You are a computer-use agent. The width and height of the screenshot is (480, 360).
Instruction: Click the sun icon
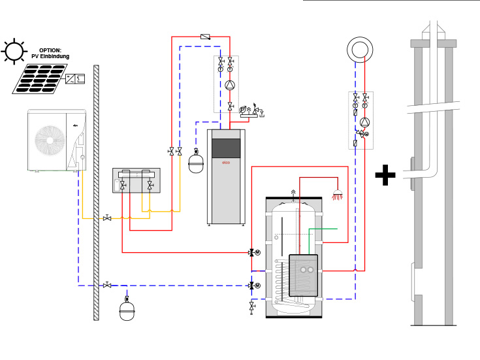pos(13,52)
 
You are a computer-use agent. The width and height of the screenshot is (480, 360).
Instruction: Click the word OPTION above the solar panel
pos(50,50)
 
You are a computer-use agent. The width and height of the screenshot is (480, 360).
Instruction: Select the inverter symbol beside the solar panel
pos(74,78)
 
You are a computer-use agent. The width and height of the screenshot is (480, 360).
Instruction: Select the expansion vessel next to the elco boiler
pos(196,162)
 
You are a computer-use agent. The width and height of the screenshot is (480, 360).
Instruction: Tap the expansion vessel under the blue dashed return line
pos(127,310)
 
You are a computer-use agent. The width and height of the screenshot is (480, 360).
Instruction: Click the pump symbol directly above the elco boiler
pos(230,86)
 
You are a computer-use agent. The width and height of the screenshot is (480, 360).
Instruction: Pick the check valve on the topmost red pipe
pos(205,37)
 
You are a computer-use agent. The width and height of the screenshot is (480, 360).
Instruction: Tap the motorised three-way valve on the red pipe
pos(252,252)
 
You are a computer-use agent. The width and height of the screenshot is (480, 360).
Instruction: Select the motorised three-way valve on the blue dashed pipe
pos(252,286)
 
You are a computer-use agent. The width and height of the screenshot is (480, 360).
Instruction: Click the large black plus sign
pos(385,175)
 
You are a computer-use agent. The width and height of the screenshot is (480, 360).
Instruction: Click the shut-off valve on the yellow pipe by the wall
pos(107,218)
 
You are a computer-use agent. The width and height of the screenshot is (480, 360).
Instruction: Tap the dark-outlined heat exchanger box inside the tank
pos(303,274)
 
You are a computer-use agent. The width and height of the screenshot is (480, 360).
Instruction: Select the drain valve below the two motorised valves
pos(252,306)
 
